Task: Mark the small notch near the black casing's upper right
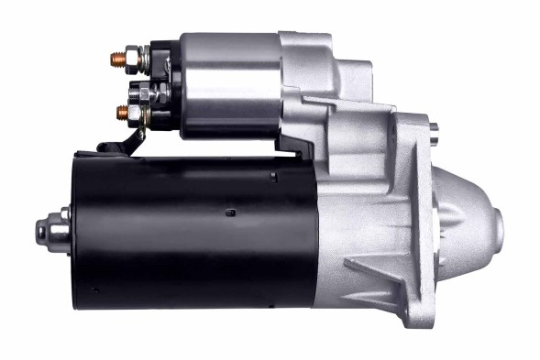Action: click(x=275, y=173)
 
